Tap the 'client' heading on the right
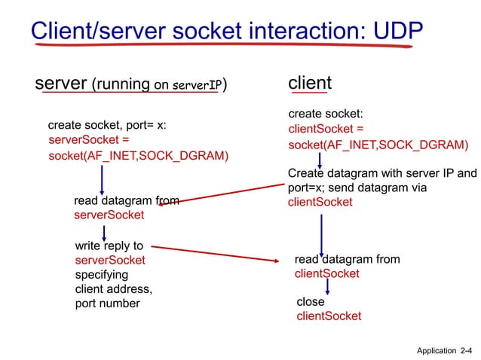coord(310,82)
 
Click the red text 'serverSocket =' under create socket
coord(89,140)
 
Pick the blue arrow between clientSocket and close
coord(327,287)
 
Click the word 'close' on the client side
coord(311,302)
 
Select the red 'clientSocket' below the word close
coord(329,316)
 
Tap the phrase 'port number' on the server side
coord(107,304)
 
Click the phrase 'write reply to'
coord(109,246)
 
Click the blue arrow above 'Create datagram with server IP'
coord(320,160)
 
